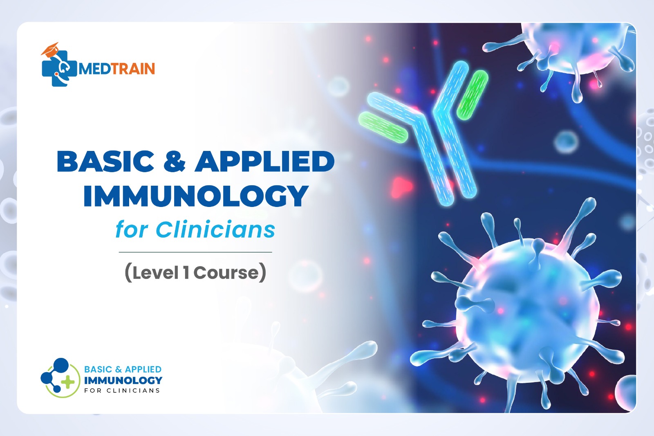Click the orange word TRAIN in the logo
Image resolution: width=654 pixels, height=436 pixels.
coord(133,69)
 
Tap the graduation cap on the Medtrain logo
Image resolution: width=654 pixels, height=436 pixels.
coord(50,49)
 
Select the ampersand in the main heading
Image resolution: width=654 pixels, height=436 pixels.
coord(175,161)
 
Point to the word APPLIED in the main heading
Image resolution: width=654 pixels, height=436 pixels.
coord(264,161)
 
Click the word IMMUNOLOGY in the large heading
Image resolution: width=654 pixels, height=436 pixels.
coord(196,196)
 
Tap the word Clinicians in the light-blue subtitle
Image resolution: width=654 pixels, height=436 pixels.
coord(215,230)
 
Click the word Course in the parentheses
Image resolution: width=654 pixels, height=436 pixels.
coord(226,273)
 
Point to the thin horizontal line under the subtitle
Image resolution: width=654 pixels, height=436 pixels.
coord(195,252)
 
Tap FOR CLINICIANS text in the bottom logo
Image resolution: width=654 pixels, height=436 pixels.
coord(122,391)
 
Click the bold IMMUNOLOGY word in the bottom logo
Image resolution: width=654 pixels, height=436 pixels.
coord(123,380)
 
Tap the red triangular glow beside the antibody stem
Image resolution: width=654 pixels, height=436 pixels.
coord(401,187)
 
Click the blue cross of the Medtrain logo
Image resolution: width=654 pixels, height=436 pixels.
coord(58,69)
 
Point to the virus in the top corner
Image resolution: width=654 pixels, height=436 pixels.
coord(569,53)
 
